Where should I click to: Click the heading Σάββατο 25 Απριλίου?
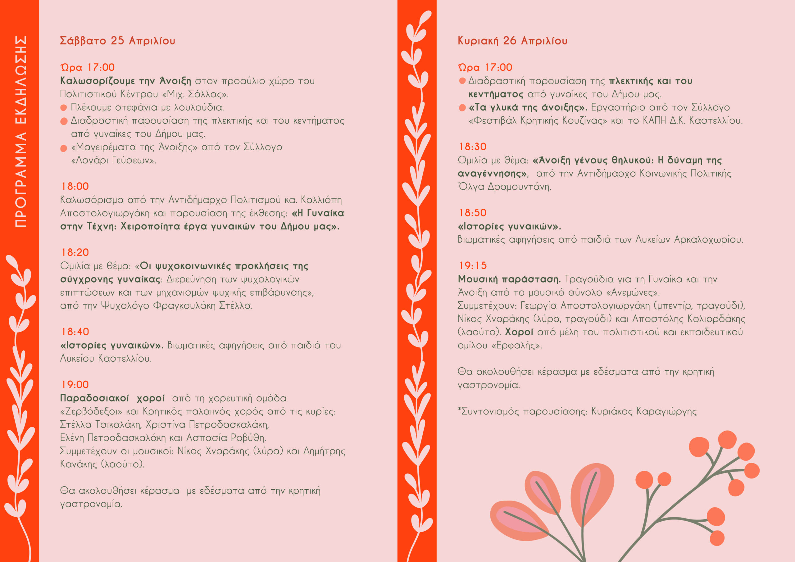pyautogui.click(x=117, y=41)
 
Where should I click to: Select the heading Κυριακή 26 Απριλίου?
pyautogui.click(x=512, y=41)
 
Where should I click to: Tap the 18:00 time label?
pyautogui.click(x=75, y=186)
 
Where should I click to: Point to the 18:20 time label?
pyautogui.click(x=75, y=252)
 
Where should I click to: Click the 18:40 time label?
pyautogui.click(x=75, y=332)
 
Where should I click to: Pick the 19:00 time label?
pyautogui.click(x=75, y=384)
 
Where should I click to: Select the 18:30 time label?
pyautogui.click(x=473, y=147)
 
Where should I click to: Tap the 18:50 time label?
pyautogui.click(x=473, y=213)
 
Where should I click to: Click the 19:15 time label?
pyautogui.click(x=473, y=265)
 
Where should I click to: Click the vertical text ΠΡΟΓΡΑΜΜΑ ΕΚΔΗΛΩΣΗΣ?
pyautogui.click(x=21, y=132)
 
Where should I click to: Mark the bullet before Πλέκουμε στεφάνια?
pyautogui.click(x=64, y=108)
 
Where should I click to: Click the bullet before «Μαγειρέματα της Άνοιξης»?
pyautogui.click(x=64, y=148)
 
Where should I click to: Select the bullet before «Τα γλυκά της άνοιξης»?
pyautogui.click(x=462, y=108)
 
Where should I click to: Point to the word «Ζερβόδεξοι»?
pyautogui.click(x=91, y=411)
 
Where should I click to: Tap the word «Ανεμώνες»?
pyautogui.click(x=633, y=292)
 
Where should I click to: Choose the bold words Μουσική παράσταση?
pyautogui.click(x=509, y=279)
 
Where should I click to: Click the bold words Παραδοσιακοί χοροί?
pyautogui.click(x=112, y=398)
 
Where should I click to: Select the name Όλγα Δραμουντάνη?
pyautogui.click(x=504, y=187)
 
